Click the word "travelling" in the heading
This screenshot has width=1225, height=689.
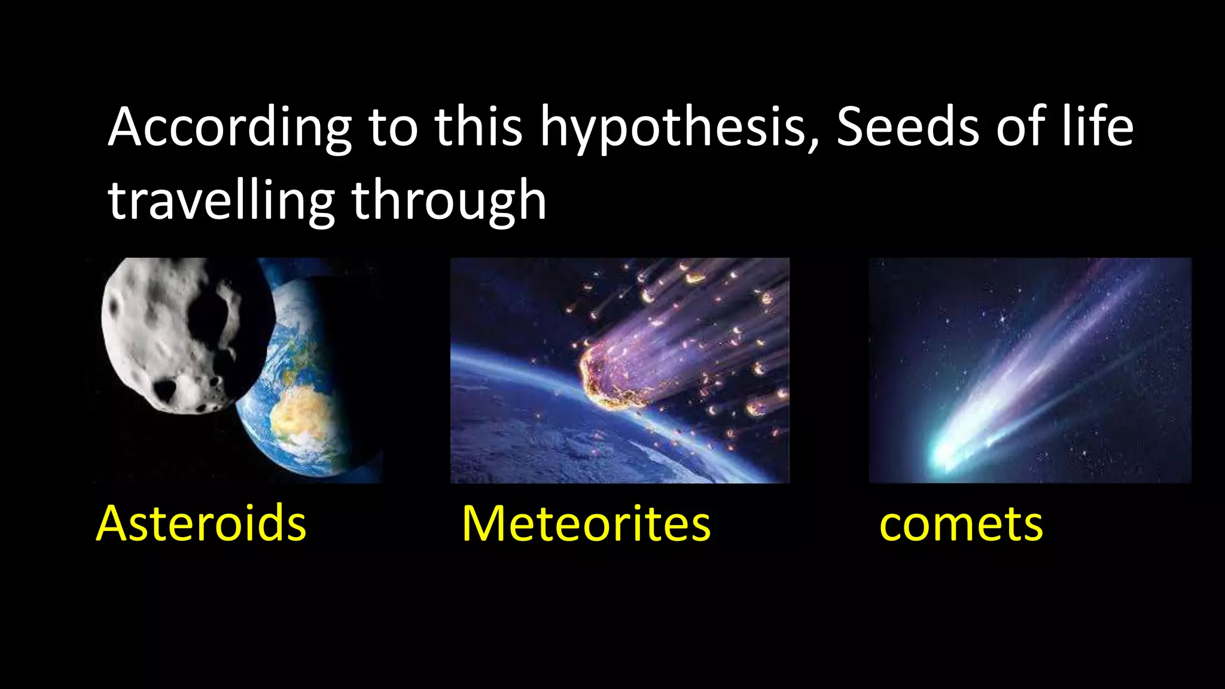[x=221, y=202]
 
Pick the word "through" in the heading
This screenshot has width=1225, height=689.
[x=449, y=202]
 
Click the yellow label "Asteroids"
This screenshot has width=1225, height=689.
[x=201, y=524]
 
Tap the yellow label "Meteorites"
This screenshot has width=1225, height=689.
[x=586, y=524]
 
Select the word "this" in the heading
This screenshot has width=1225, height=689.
[x=479, y=127]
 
